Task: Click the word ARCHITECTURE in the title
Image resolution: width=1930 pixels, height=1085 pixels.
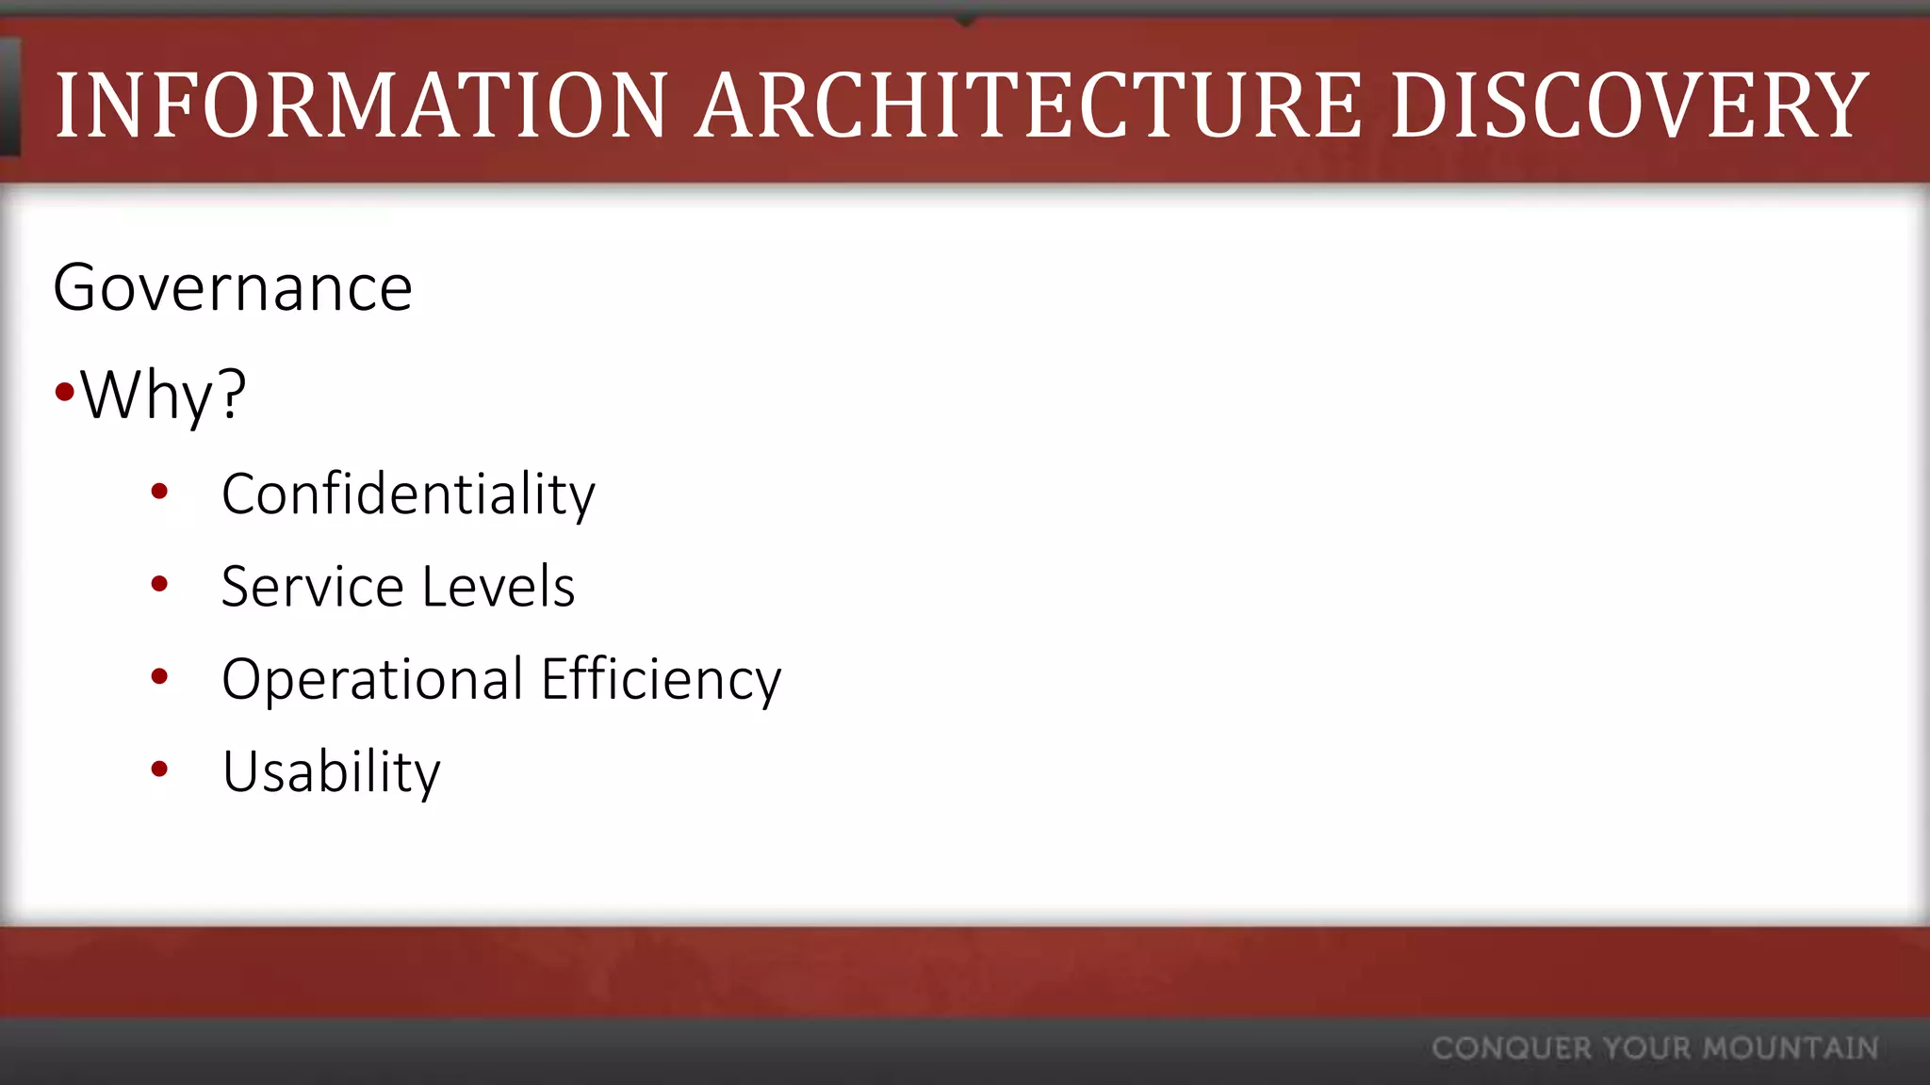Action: (x=1028, y=105)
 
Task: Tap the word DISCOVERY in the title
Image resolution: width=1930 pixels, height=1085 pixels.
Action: (x=1629, y=105)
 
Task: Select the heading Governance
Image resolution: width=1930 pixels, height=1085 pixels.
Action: (x=233, y=287)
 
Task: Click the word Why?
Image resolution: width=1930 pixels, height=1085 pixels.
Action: (x=163, y=395)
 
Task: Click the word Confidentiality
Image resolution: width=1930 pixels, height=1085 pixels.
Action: (x=408, y=494)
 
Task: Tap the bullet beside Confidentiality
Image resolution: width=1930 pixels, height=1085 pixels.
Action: (x=159, y=491)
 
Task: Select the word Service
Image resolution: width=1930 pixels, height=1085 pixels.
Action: (x=312, y=586)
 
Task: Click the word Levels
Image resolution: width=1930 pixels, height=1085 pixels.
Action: (x=499, y=586)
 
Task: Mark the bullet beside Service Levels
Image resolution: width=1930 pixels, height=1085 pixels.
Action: (x=159, y=584)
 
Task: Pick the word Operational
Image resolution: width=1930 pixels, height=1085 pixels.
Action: (x=372, y=679)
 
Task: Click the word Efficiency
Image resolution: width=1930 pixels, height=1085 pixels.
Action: (x=662, y=679)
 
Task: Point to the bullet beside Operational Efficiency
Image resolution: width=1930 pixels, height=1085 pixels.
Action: (x=159, y=676)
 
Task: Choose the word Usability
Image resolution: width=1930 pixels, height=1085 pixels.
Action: (x=331, y=771)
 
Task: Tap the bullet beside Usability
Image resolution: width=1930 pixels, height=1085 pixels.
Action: (x=159, y=769)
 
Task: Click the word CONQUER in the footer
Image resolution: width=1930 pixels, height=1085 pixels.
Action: (x=1512, y=1048)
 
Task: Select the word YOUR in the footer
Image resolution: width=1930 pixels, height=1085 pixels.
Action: (x=1647, y=1048)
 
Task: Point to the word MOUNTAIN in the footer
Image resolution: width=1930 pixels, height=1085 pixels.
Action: (x=1791, y=1048)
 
